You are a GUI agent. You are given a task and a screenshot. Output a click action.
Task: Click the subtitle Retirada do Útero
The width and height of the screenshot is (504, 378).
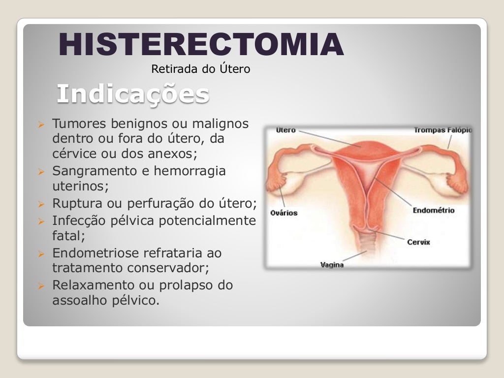pos(200,69)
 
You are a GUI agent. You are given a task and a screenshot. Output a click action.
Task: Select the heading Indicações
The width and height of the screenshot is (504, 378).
pos(132,94)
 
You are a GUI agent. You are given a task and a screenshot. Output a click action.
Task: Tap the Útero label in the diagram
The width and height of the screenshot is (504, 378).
pos(285,130)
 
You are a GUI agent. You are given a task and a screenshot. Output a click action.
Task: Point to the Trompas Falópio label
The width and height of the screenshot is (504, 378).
pos(442,130)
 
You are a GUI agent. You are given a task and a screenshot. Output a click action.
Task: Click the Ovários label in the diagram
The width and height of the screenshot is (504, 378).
pos(284,213)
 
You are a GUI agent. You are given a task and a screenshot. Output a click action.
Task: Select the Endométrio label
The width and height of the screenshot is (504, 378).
pos(433,211)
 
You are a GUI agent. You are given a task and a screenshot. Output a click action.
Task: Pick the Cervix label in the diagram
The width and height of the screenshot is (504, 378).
pos(418,242)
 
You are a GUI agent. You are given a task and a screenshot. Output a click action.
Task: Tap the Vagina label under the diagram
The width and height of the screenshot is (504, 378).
pos(332,265)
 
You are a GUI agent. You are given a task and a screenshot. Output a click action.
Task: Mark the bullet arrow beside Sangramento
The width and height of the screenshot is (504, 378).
pos(42,172)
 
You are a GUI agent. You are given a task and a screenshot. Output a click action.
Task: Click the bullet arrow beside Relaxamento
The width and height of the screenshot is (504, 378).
pos(42,285)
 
